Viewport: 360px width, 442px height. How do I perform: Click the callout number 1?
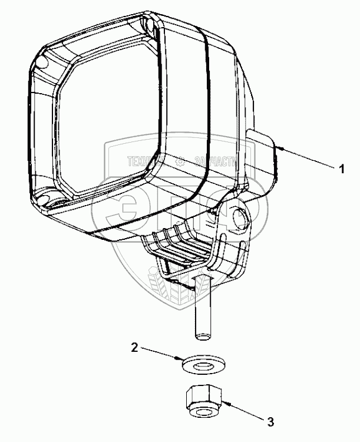point(341,169)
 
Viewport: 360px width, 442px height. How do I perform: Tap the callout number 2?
point(134,348)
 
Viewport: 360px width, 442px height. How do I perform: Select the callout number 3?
point(270,421)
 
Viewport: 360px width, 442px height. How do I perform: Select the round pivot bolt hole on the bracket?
point(240,217)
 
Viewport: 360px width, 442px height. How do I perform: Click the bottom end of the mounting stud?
point(202,337)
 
